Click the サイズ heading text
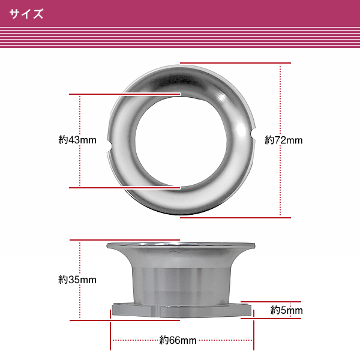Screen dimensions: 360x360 click(26, 14)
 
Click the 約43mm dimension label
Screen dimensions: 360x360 click(77, 140)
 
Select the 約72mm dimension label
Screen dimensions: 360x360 click(284, 140)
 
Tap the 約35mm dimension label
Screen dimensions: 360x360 click(77, 280)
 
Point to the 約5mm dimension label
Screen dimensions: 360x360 click(287, 310)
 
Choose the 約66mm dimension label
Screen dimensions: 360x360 click(178, 340)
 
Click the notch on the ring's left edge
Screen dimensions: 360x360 click(110, 146)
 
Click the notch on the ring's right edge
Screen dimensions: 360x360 click(253, 134)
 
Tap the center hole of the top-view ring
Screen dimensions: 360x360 click(181, 141)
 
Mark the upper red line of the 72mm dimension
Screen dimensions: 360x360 click(235, 62)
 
